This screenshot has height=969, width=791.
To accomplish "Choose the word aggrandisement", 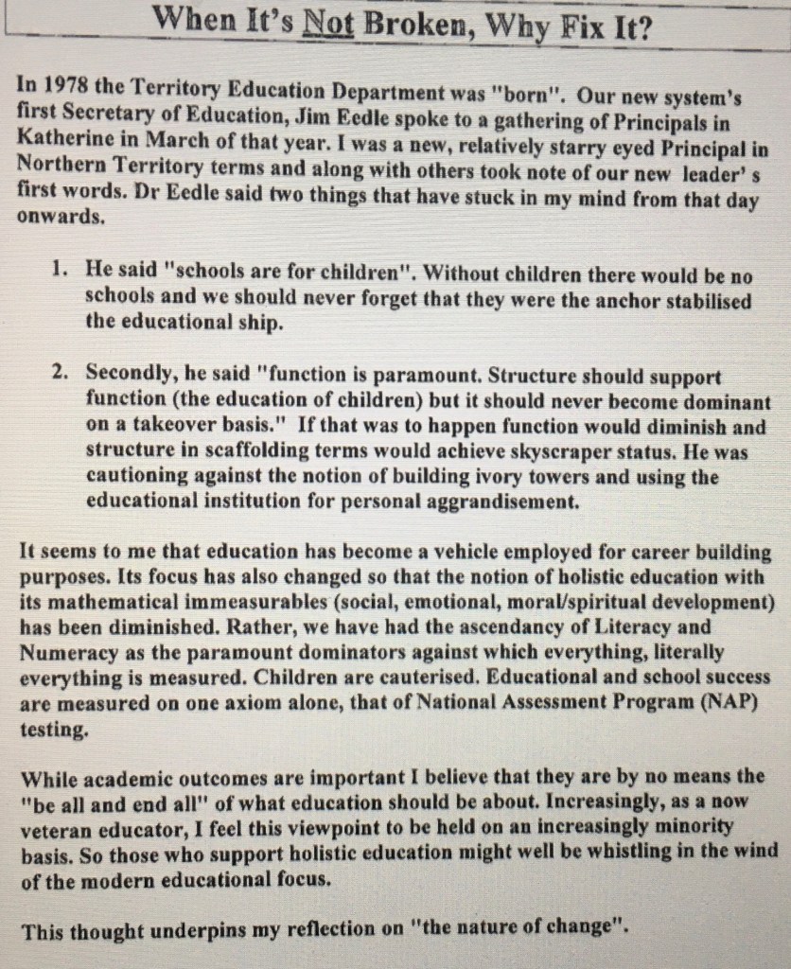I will tap(498, 502).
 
